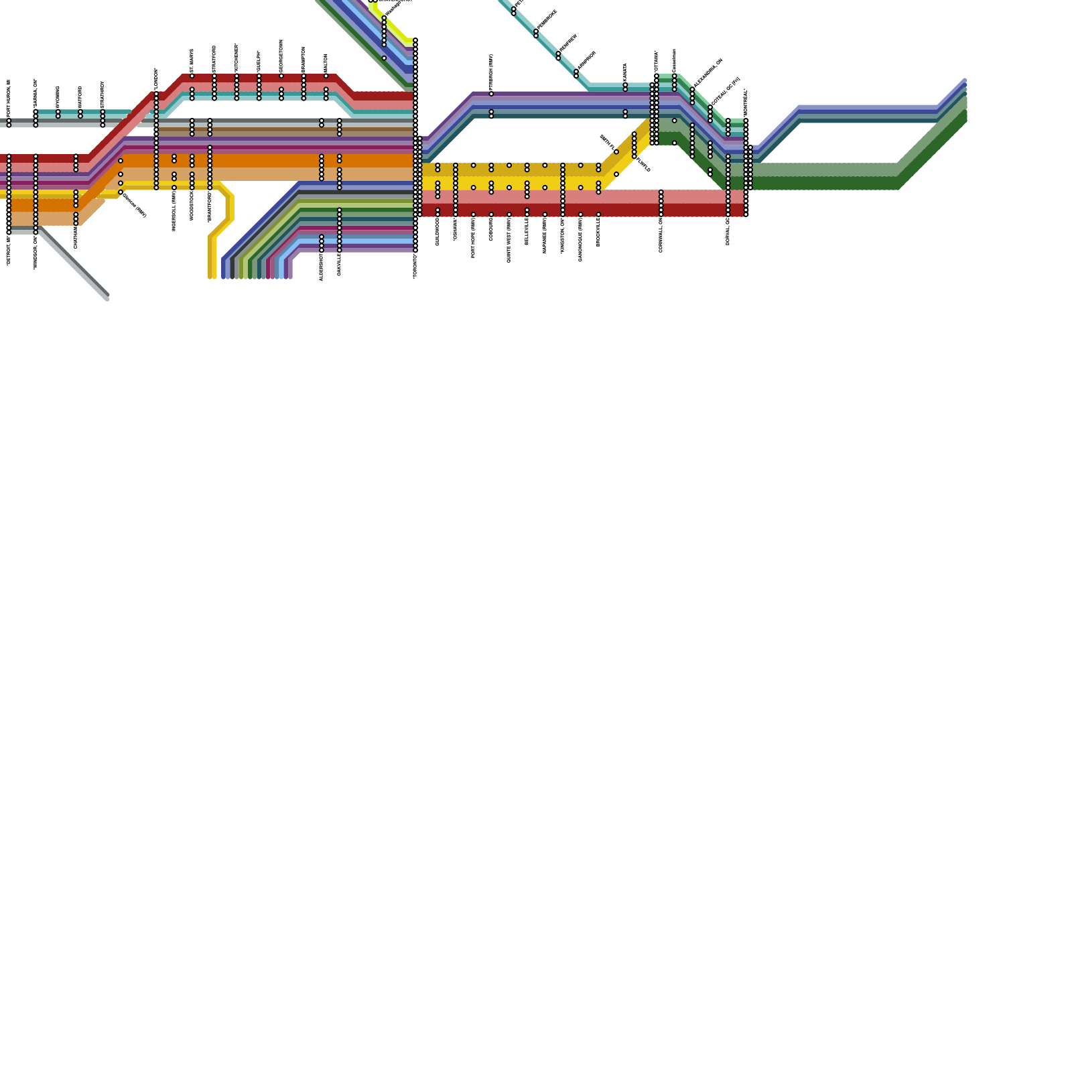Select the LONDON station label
click(156, 79)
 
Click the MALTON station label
click(326, 63)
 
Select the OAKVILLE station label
click(340, 263)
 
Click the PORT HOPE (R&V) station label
click(474, 237)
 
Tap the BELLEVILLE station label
click(527, 231)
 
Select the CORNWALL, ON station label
click(661, 234)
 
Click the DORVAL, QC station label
click(728, 231)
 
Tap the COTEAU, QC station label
click(726, 91)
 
